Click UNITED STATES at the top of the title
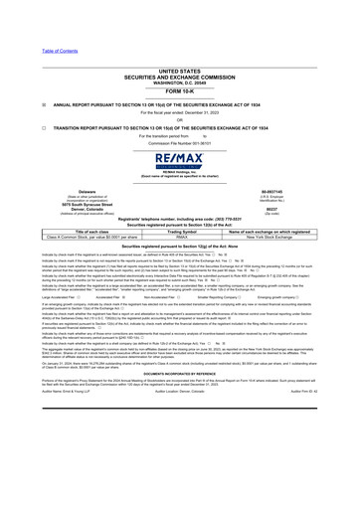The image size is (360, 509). pyautogui.click(x=180, y=71)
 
